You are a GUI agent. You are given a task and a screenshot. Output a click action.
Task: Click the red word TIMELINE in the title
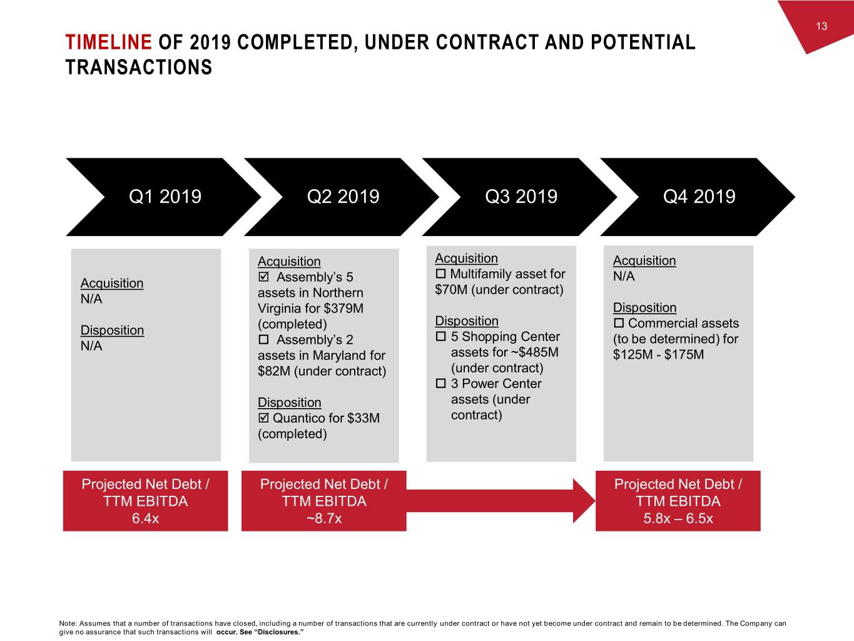[108, 42]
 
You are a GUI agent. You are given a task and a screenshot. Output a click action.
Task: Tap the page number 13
[821, 26]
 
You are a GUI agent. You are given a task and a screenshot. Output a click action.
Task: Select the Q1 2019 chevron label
[165, 197]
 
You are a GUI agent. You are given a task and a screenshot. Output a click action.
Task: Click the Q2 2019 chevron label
[343, 197]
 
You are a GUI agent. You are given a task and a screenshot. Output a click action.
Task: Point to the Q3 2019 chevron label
[521, 197]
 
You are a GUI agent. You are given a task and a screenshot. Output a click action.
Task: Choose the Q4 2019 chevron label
[699, 197]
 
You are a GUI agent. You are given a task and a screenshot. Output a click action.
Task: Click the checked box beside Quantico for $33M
[263, 418]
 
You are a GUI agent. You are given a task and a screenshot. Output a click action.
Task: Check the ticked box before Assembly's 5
[263, 277]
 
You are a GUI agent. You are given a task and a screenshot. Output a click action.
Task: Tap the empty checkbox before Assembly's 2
[263, 339]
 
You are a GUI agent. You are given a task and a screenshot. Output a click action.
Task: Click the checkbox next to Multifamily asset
[440, 274]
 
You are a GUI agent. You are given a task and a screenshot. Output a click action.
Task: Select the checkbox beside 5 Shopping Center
[441, 336]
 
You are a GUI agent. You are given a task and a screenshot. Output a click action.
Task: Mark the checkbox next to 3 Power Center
[441, 383]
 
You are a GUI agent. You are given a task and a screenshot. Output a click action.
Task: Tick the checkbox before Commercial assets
[619, 323]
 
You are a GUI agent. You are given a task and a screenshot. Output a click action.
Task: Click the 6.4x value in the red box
[145, 518]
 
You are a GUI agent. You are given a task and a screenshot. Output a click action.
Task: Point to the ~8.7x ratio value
[324, 518]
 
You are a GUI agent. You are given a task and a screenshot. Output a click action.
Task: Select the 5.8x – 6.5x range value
[678, 518]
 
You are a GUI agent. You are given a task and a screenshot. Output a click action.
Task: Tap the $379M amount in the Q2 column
[343, 308]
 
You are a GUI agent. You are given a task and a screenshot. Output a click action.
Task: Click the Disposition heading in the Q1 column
[112, 330]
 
